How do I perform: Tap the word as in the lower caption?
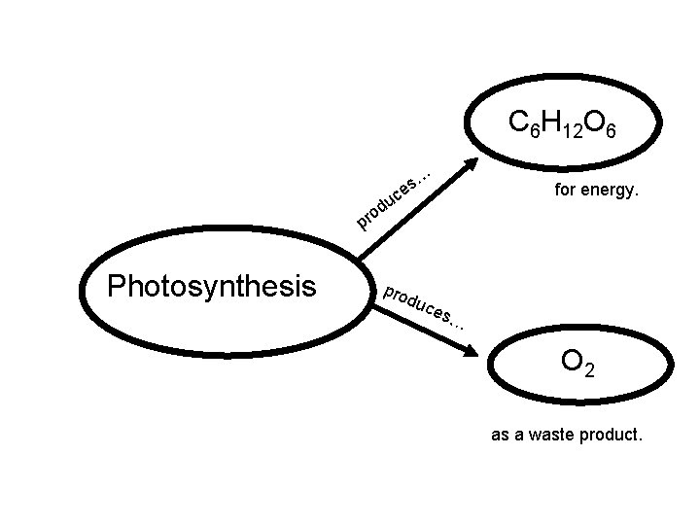pyautogui.click(x=500, y=436)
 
